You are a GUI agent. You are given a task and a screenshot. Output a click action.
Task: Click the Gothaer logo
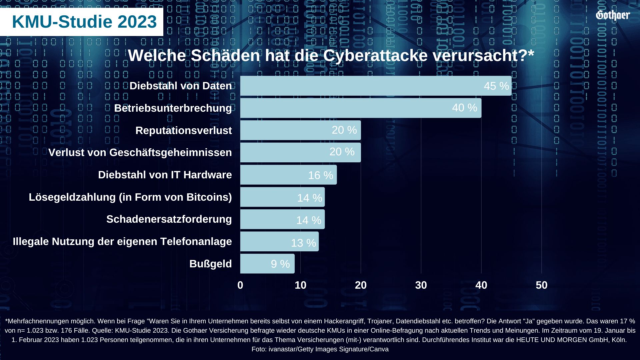click(x=613, y=15)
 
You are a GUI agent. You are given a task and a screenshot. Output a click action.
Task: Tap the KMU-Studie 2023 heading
click(x=84, y=22)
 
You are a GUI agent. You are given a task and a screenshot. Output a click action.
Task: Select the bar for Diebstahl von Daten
click(x=376, y=86)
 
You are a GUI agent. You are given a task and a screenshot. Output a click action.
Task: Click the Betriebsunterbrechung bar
click(x=361, y=108)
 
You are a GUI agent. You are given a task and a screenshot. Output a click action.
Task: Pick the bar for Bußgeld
click(x=267, y=264)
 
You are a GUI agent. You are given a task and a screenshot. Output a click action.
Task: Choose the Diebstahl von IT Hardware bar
click(x=288, y=175)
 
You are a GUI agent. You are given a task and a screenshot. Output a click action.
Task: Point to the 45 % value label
click(x=496, y=86)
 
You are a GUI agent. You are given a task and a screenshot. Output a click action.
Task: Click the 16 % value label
click(x=320, y=175)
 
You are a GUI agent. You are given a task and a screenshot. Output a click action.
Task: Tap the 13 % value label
click(x=303, y=243)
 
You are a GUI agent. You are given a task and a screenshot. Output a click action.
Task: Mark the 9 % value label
click(x=280, y=264)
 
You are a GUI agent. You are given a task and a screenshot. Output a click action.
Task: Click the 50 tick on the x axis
click(x=541, y=285)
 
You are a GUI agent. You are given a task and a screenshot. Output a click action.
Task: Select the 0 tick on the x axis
click(x=240, y=285)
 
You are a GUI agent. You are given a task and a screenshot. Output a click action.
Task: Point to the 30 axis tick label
click(x=421, y=285)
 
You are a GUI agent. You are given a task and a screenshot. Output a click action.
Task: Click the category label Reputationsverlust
click(x=183, y=130)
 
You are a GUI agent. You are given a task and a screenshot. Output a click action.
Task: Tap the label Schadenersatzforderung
click(x=169, y=219)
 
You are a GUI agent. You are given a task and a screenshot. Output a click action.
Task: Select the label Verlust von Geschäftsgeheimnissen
click(x=140, y=153)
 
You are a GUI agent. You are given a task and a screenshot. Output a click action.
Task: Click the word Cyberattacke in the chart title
click(x=375, y=55)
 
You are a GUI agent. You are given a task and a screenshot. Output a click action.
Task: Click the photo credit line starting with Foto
click(x=320, y=349)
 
